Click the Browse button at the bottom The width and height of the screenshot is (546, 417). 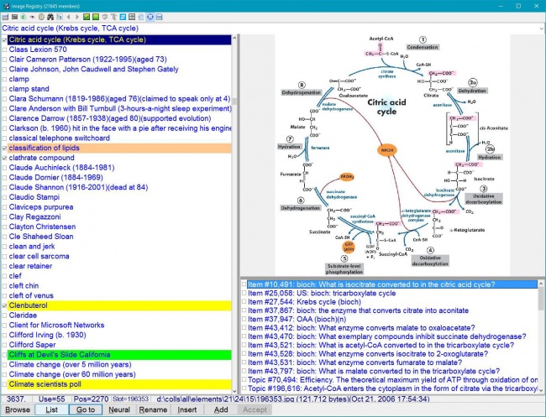click(18, 409)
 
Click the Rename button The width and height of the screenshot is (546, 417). click(153, 409)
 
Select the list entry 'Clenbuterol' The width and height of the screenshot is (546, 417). click(33, 306)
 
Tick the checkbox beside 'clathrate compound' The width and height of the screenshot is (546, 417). click(4, 158)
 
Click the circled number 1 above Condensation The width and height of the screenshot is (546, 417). click(423, 39)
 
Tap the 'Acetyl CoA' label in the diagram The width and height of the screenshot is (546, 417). click(381, 39)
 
